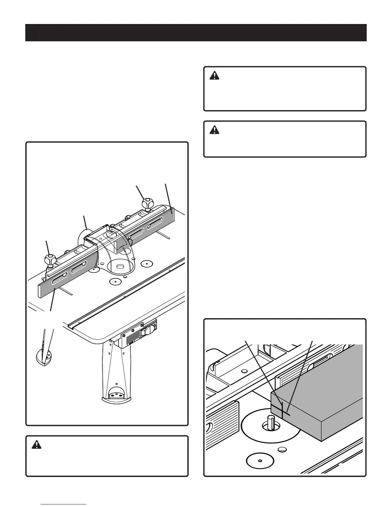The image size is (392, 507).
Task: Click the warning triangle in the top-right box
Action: coord(215,76)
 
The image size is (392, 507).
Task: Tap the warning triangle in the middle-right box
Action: coord(215,130)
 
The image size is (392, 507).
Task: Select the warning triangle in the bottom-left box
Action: coord(36,445)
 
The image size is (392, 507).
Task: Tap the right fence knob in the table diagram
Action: coord(148,203)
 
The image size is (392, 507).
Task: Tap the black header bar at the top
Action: coord(196,33)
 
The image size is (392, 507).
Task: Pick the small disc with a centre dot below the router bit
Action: coord(260,460)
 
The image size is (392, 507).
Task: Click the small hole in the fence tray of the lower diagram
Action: coord(244,372)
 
